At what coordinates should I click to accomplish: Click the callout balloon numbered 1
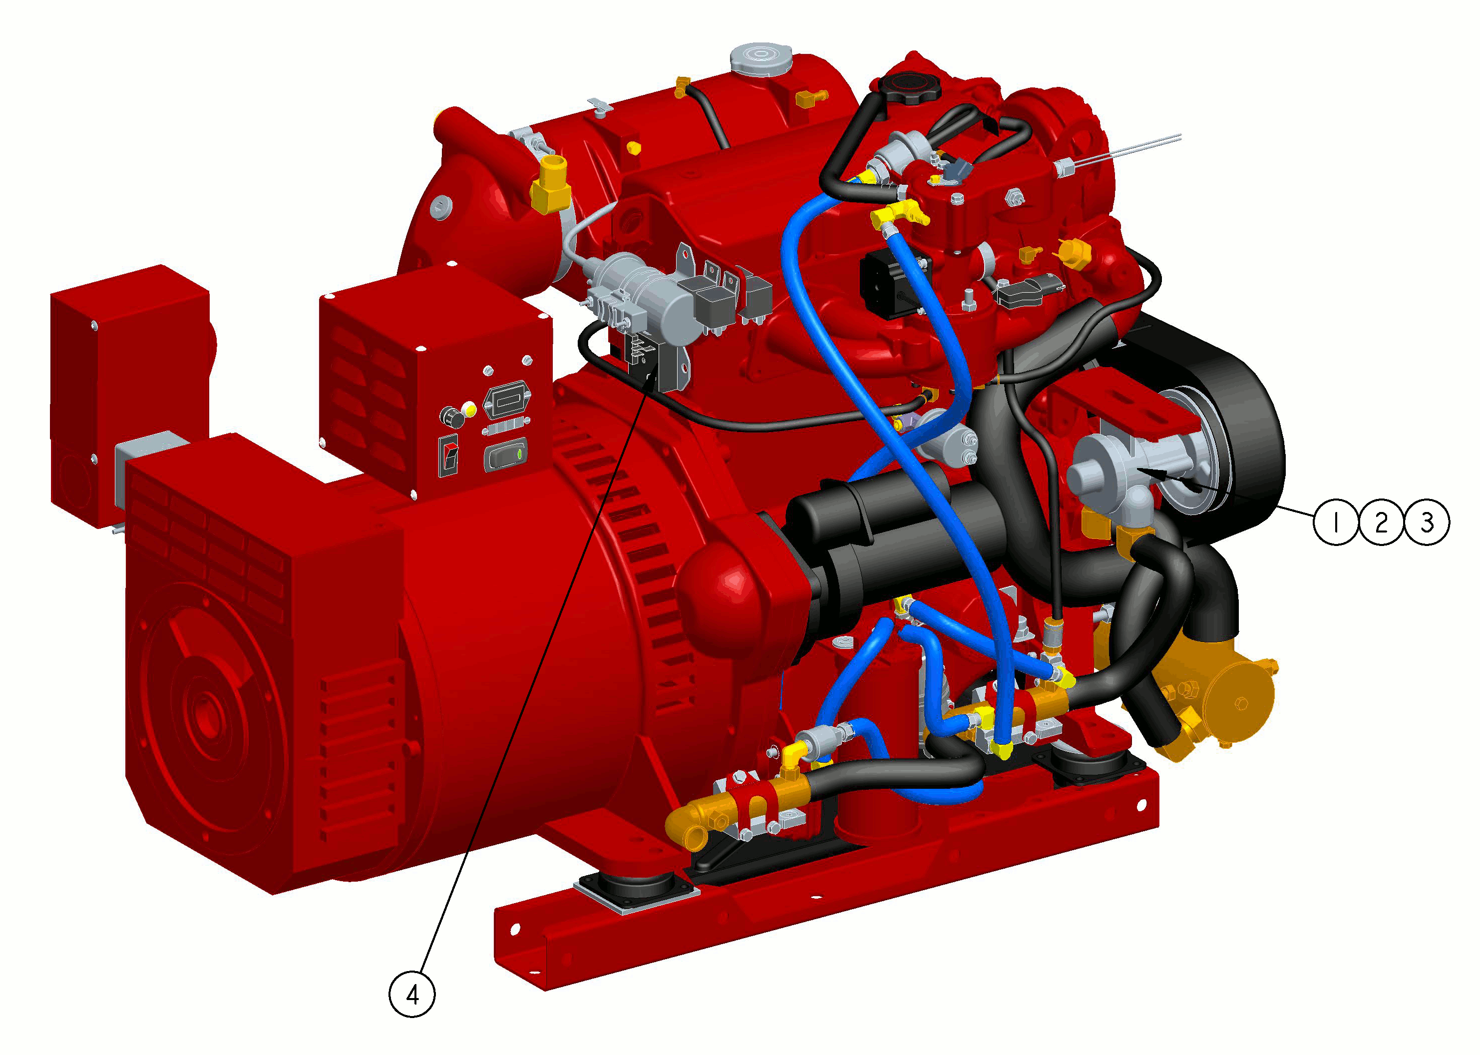(1336, 522)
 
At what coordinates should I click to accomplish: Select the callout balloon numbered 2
(1381, 522)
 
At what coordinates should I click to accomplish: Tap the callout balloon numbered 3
(1427, 522)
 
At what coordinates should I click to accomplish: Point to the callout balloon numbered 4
(412, 994)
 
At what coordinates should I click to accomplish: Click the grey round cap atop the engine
(761, 59)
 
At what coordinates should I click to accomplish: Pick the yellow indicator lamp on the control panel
(469, 410)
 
